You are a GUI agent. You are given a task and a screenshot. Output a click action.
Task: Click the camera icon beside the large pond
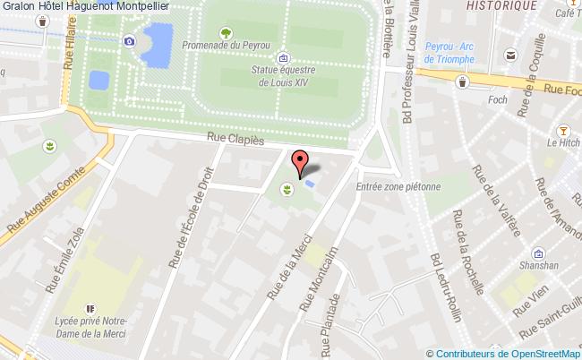coord(130,40)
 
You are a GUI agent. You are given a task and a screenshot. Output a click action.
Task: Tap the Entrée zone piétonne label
coord(398,187)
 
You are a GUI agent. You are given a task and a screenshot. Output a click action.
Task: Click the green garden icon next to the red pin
coord(287,190)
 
